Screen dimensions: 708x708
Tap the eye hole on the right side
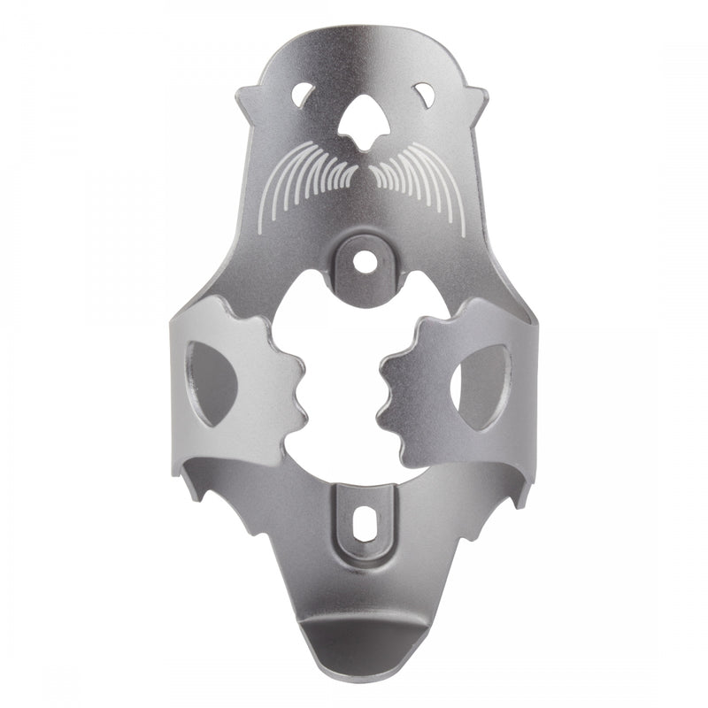(x=423, y=95)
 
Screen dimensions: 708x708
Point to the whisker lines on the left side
(x=305, y=177)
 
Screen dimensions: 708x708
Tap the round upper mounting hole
(x=363, y=262)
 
